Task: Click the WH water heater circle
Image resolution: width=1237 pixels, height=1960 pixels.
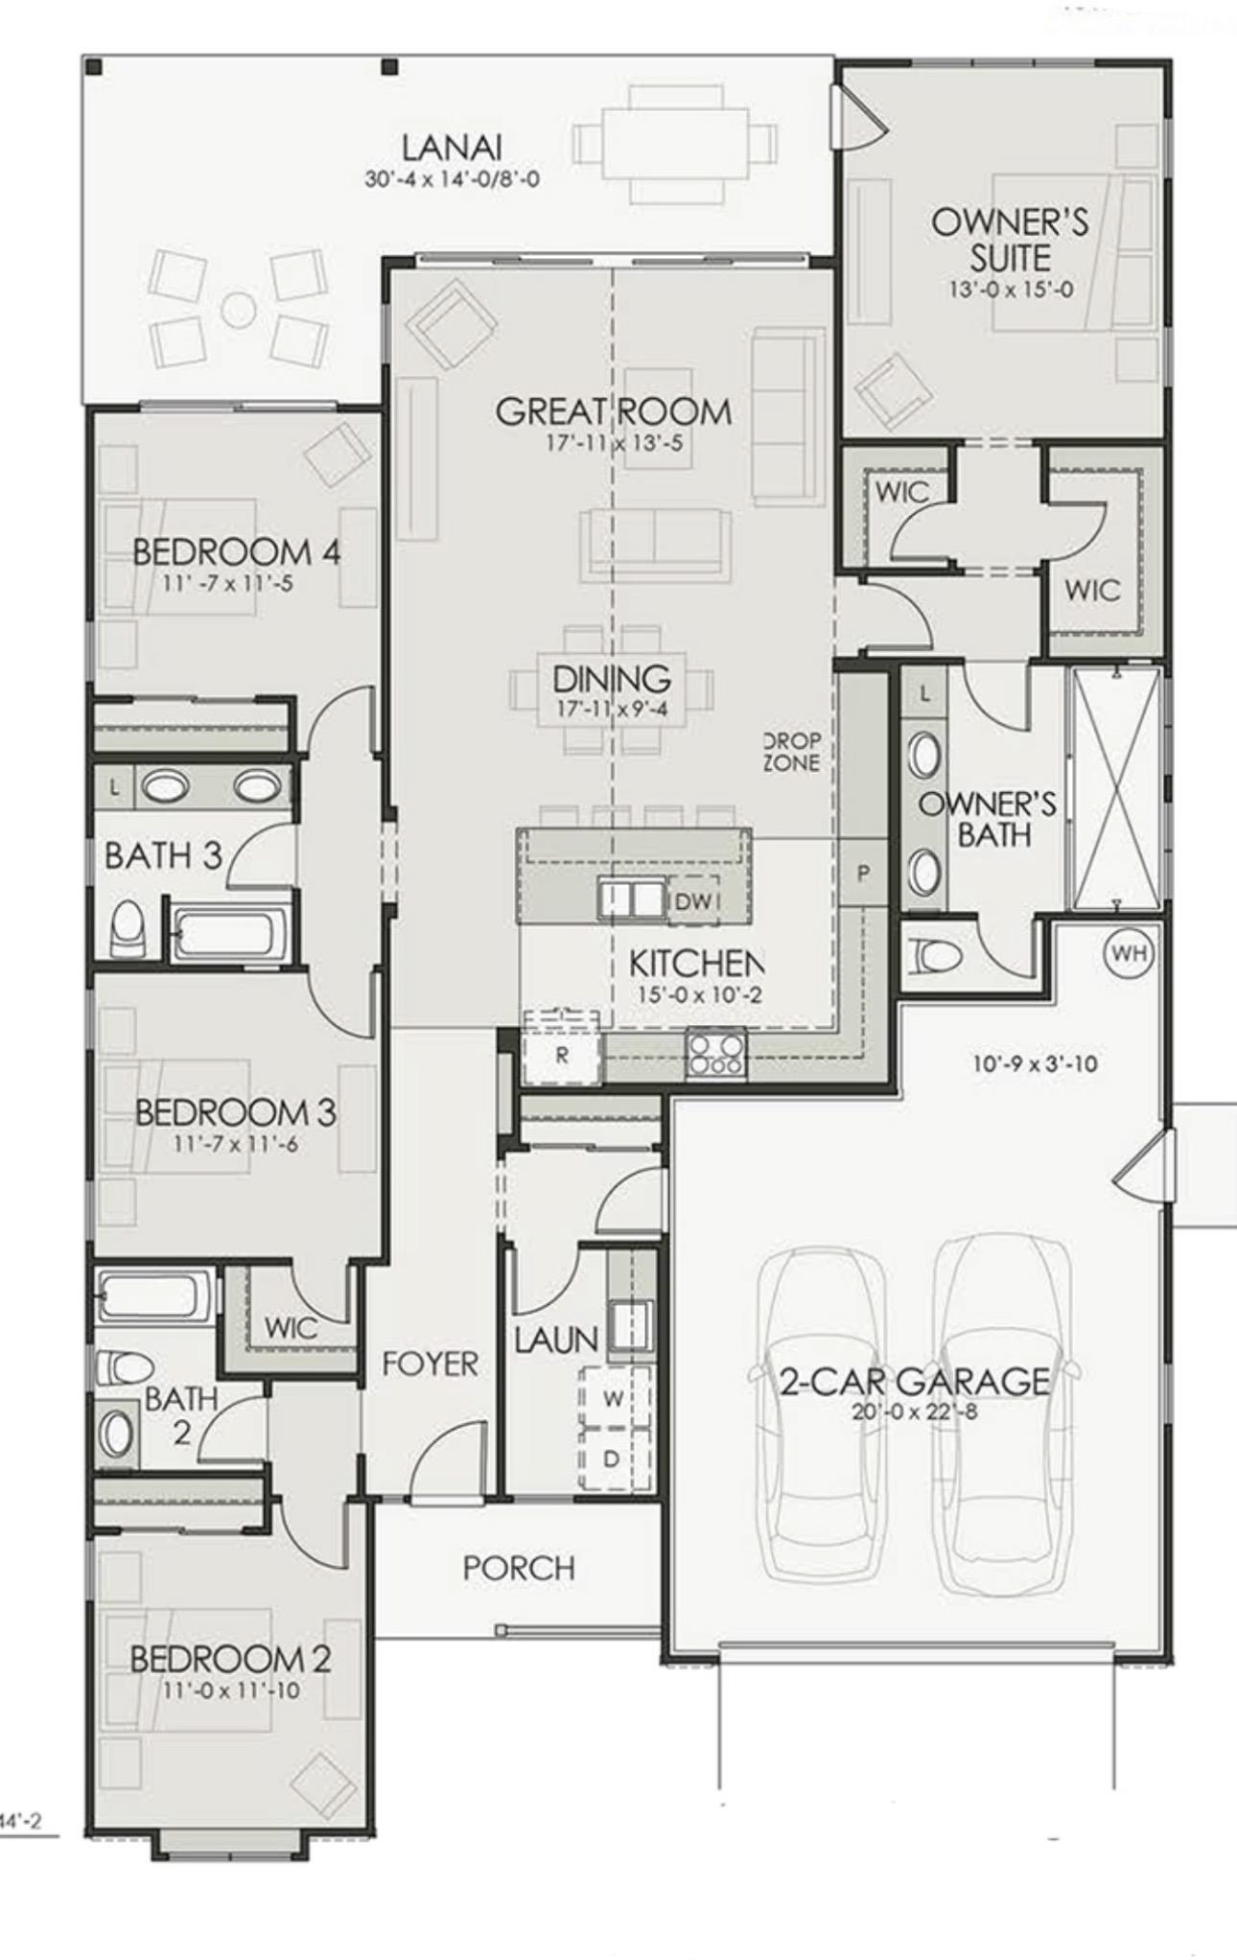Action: (x=1129, y=953)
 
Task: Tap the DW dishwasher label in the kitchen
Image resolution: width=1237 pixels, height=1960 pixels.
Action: (x=692, y=901)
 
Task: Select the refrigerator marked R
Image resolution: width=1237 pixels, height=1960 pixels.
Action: (x=562, y=1055)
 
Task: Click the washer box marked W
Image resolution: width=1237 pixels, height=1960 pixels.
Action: (x=614, y=1398)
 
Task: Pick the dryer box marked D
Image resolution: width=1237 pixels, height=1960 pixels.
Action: (x=612, y=1458)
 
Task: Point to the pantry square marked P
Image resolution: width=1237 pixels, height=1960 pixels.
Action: (x=863, y=874)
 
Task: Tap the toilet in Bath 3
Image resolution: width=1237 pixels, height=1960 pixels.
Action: (x=126, y=927)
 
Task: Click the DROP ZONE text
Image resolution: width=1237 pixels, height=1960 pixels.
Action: (x=792, y=753)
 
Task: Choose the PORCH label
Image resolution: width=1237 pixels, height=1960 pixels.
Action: (x=519, y=1569)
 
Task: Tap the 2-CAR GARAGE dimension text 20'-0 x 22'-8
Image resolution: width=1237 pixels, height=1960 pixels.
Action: (x=914, y=1412)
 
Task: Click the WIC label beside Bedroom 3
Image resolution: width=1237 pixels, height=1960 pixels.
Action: (x=291, y=1328)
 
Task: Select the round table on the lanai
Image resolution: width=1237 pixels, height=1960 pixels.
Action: (x=239, y=309)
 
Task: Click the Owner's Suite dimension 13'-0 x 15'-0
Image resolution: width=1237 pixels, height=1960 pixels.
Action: (x=1011, y=289)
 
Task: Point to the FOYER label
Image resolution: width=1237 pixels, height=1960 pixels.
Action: (x=430, y=1363)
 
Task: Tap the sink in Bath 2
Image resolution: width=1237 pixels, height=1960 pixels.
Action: (x=117, y=1435)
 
